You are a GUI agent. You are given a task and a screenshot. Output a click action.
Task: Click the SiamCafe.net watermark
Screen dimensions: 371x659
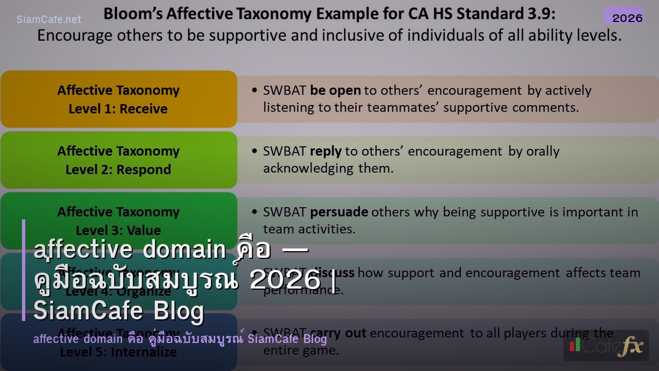[x=49, y=19]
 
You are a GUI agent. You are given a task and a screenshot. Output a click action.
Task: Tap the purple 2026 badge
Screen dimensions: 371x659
[x=627, y=18]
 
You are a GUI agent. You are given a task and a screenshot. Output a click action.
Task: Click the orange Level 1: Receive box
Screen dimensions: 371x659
[x=118, y=99]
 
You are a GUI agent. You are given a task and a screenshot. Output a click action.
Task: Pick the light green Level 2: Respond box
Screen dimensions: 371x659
[x=118, y=160]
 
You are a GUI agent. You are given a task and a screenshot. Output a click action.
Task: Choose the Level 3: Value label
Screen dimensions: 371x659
[x=118, y=230]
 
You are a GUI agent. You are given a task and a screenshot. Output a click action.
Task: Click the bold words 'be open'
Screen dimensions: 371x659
[x=335, y=90]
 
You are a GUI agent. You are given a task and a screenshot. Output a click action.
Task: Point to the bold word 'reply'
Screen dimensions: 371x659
[x=326, y=151]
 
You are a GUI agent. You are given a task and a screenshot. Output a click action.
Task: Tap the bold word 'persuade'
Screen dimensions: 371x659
[x=339, y=212]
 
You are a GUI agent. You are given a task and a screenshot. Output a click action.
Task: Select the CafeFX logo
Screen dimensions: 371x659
[x=606, y=346]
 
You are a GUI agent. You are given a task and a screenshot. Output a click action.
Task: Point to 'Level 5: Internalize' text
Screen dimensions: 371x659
[x=118, y=352]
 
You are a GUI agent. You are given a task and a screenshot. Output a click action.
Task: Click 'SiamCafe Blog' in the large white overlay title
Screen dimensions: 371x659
[x=119, y=311]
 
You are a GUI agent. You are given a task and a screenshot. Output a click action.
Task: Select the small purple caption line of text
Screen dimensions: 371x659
[x=180, y=339]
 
